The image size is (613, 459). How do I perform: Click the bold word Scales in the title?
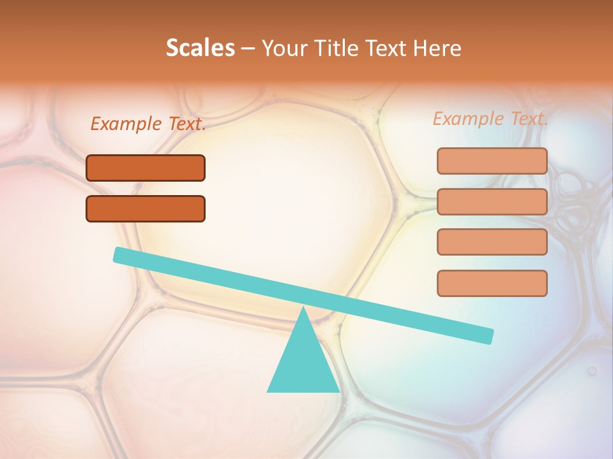(x=201, y=48)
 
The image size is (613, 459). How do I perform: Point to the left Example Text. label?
(x=148, y=124)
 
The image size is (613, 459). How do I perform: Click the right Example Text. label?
(x=490, y=119)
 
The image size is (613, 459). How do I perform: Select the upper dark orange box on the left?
(x=146, y=168)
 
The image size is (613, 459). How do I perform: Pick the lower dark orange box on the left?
(x=146, y=208)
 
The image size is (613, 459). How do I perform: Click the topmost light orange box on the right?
(x=492, y=161)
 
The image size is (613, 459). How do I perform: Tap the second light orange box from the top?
(x=492, y=201)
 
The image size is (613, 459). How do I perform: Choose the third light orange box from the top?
(x=492, y=242)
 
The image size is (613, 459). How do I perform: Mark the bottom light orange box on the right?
(x=492, y=283)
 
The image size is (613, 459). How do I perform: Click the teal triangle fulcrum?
(x=303, y=363)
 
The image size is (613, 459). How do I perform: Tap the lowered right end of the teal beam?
(x=488, y=336)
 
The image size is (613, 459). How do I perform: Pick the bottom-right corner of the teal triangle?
(x=338, y=391)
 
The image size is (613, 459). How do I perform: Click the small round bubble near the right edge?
(x=592, y=370)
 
